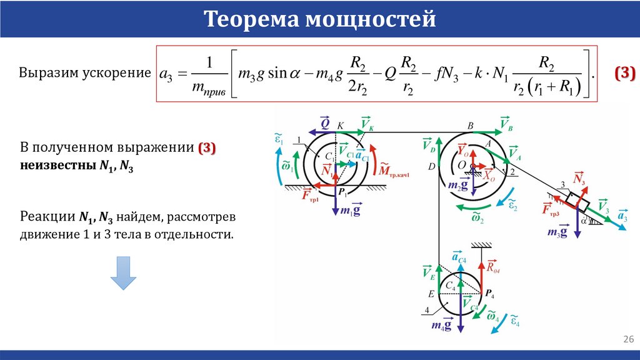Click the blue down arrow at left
pos(123,273)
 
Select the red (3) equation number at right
pos(624,73)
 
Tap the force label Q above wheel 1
pos(325,123)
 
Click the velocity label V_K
pos(367,124)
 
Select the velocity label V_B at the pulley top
pos(506,123)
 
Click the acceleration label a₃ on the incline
pos(622,217)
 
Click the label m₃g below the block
pos(557,232)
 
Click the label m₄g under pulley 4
pos(442,324)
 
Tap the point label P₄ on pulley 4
pos(490,294)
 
